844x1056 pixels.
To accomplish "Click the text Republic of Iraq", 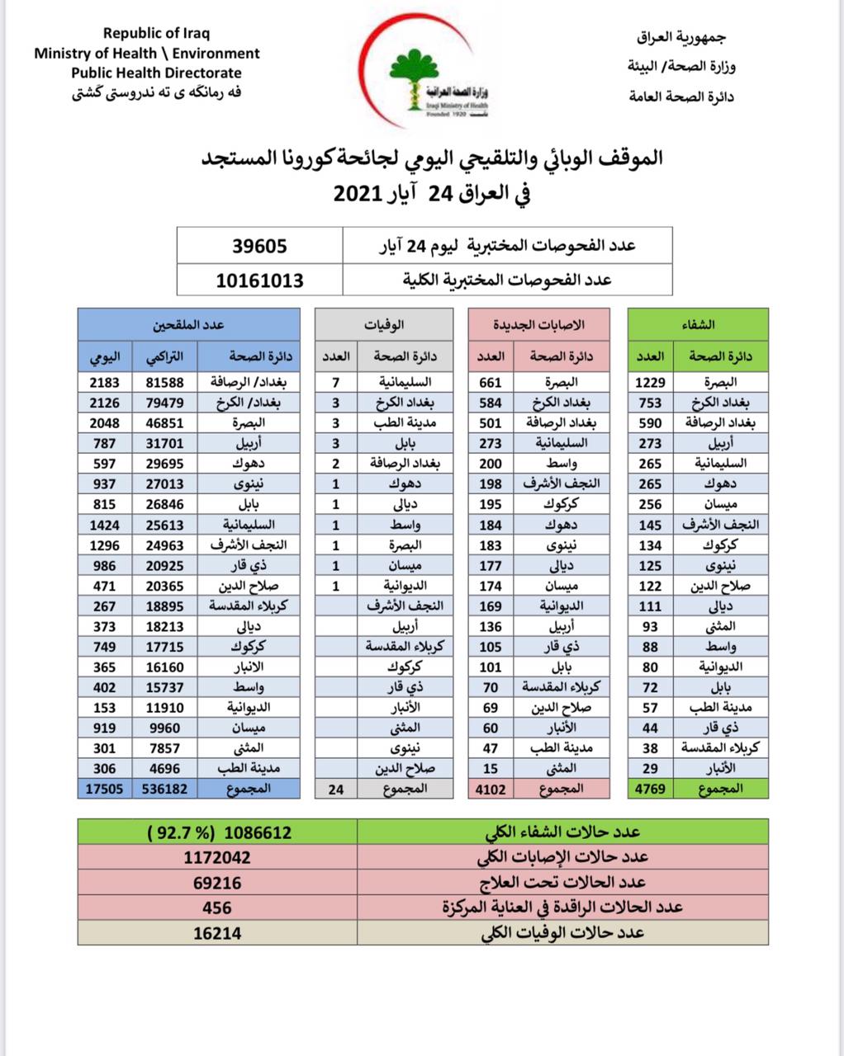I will pos(156,34).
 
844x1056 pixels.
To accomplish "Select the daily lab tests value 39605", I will pos(259,246).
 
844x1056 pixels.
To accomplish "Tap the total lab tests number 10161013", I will pos(259,280).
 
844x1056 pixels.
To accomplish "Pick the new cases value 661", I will pos(491,383).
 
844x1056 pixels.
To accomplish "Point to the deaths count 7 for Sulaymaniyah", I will pos(335,383).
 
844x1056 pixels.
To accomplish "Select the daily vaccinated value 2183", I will pos(105,383).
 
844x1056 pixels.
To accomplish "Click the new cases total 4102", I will pos(491,789).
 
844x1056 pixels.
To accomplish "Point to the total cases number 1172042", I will pos(216,858).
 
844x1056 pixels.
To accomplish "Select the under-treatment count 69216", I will pos(216,883).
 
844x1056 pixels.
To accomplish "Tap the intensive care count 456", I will pos(216,907).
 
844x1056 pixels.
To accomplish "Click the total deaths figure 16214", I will pos(216,932).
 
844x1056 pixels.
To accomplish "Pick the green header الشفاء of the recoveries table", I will pos(699,325).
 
